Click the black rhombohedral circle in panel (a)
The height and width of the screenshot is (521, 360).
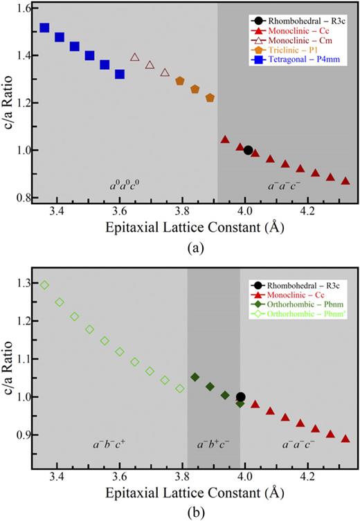[x=248, y=150]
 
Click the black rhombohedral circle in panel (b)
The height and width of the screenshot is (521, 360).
[x=241, y=397]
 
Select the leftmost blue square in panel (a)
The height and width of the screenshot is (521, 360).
[x=44, y=28]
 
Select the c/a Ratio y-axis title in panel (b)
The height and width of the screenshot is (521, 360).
[x=8, y=360]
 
